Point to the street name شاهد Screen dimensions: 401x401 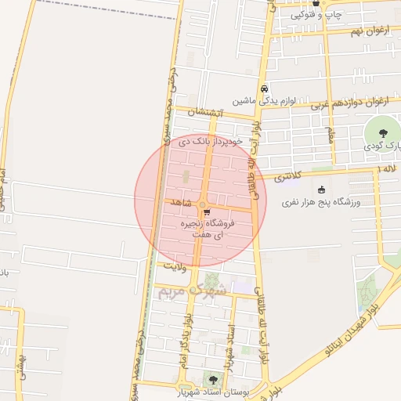[x=181, y=203]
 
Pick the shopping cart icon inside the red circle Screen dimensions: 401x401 [x=206, y=212]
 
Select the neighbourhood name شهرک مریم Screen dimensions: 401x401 [x=191, y=291]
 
